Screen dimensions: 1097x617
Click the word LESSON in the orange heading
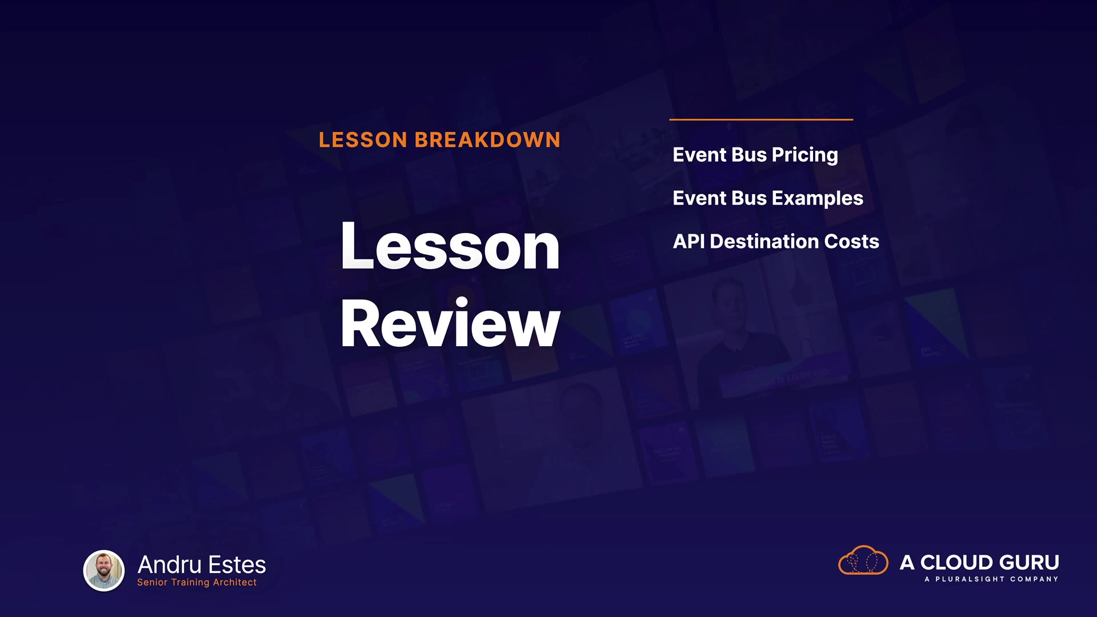pos(363,140)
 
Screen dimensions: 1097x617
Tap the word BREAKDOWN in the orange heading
pos(487,140)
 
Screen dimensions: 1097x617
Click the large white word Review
pos(450,323)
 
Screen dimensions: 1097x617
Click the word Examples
pos(818,198)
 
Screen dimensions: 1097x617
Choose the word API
pos(688,241)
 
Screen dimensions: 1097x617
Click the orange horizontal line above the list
pos(761,119)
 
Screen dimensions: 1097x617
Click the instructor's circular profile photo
pos(104,570)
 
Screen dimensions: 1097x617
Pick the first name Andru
pos(170,565)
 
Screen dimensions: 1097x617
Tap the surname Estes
pos(237,565)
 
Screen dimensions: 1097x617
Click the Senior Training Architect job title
pos(197,582)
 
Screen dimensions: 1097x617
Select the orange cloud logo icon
pos(863,560)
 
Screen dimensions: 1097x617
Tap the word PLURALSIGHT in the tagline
pos(970,579)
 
